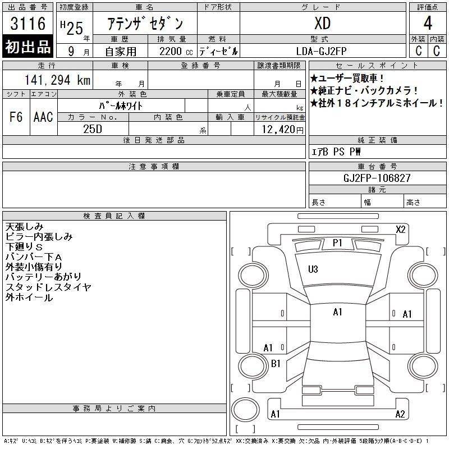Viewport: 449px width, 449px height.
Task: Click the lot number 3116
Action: click(x=28, y=23)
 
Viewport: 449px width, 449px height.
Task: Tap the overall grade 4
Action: click(x=428, y=23)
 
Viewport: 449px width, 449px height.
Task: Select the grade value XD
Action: click(x=323, y=23)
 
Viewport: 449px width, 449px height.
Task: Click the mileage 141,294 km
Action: click(x=57, y=80)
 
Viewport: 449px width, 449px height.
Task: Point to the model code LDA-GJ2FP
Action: click(x=321, y=51)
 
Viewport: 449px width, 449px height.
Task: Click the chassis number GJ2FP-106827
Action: click(x=377, y=178)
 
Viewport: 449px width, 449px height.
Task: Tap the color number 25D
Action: click(x=93, y=129)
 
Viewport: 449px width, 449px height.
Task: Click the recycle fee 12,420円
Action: click(x=283, y=130)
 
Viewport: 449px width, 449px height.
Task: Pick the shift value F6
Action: click(x=16, y=117)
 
